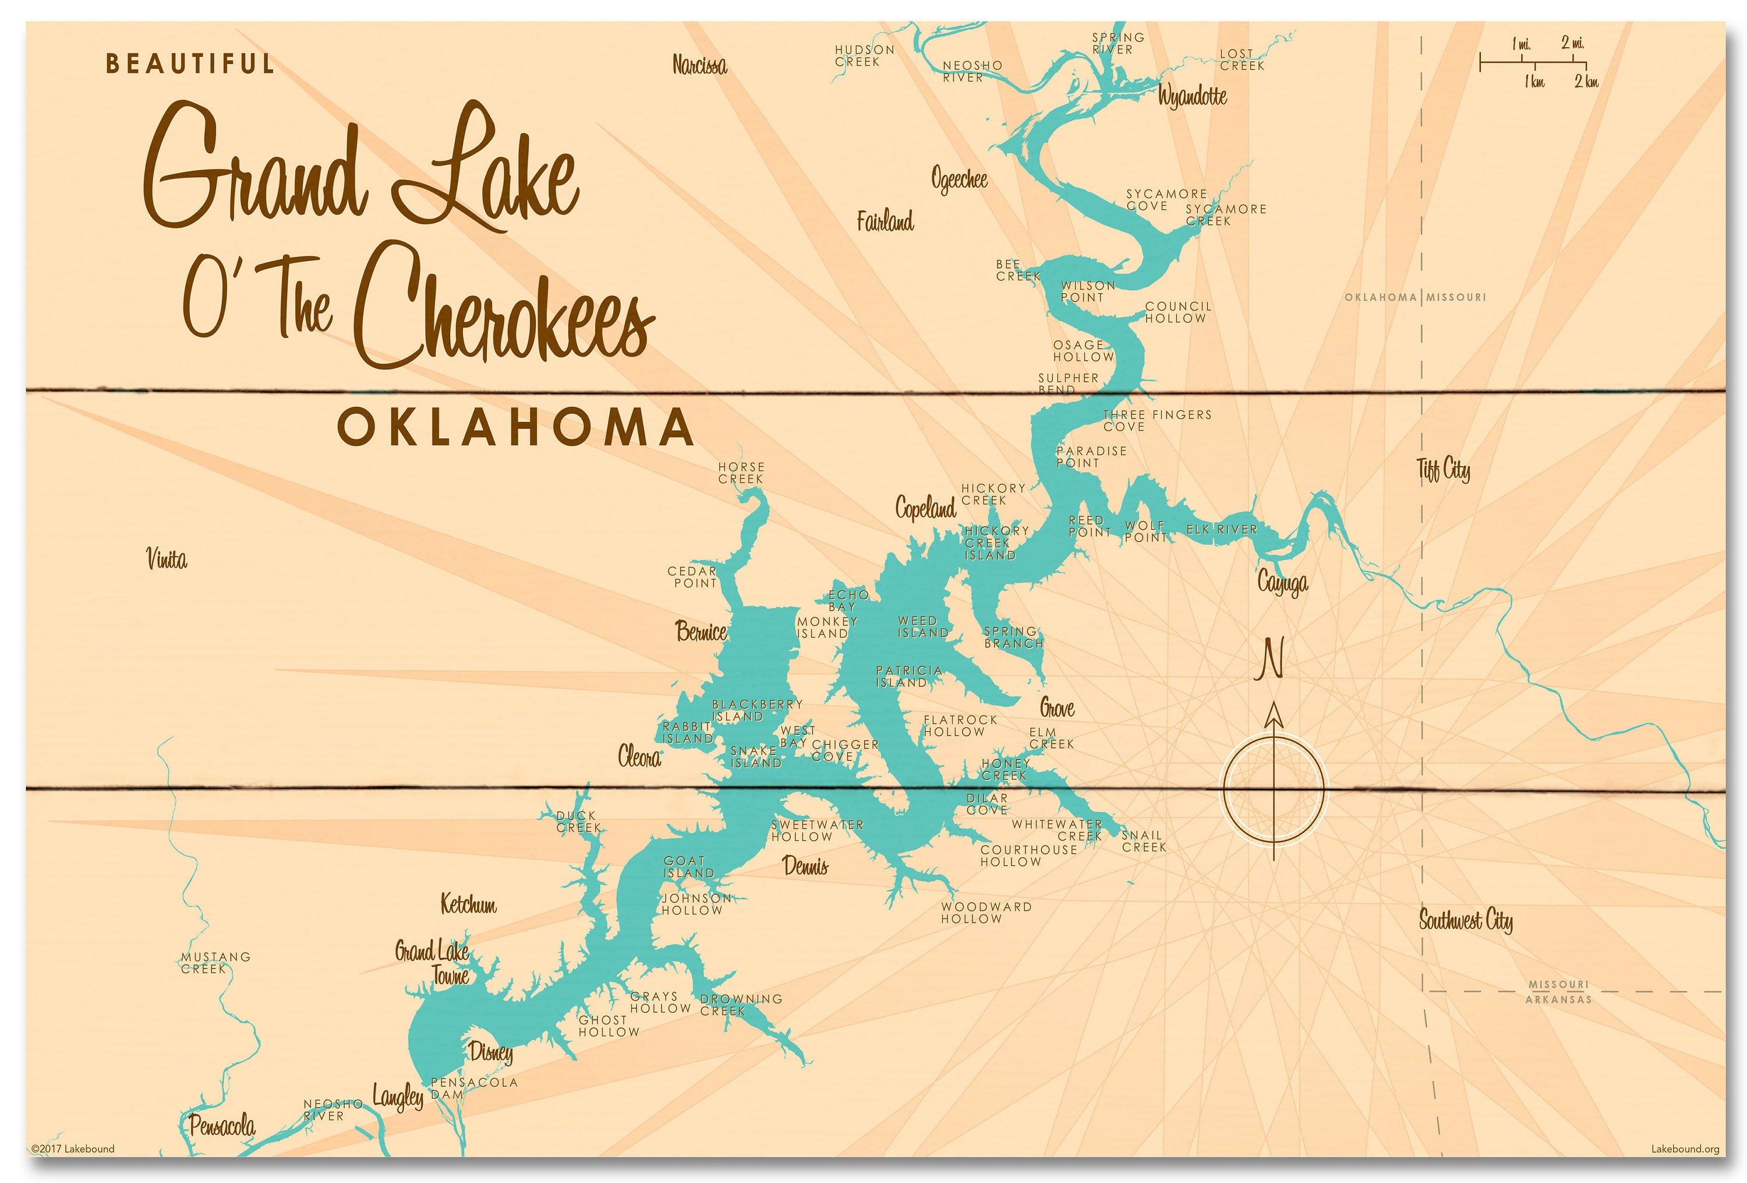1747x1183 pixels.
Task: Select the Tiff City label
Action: coord(1443,470)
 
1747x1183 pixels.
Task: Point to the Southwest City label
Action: coord(1465,920)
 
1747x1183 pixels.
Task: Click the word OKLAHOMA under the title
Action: coord(516,427)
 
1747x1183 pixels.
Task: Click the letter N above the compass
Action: coord(1271,659)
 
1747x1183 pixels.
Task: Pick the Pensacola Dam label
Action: coord(473,1088)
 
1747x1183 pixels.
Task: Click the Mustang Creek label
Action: coord(215,963)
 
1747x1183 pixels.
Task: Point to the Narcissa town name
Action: coord(699,65)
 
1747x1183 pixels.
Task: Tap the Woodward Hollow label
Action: coord(985,912)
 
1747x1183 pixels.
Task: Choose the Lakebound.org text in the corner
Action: coord(1685,1149)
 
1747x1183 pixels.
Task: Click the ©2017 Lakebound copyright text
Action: coord(73,1149)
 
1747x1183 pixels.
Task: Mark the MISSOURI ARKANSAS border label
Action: coord(1558,991)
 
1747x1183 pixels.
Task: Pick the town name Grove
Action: coord(1056,707)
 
